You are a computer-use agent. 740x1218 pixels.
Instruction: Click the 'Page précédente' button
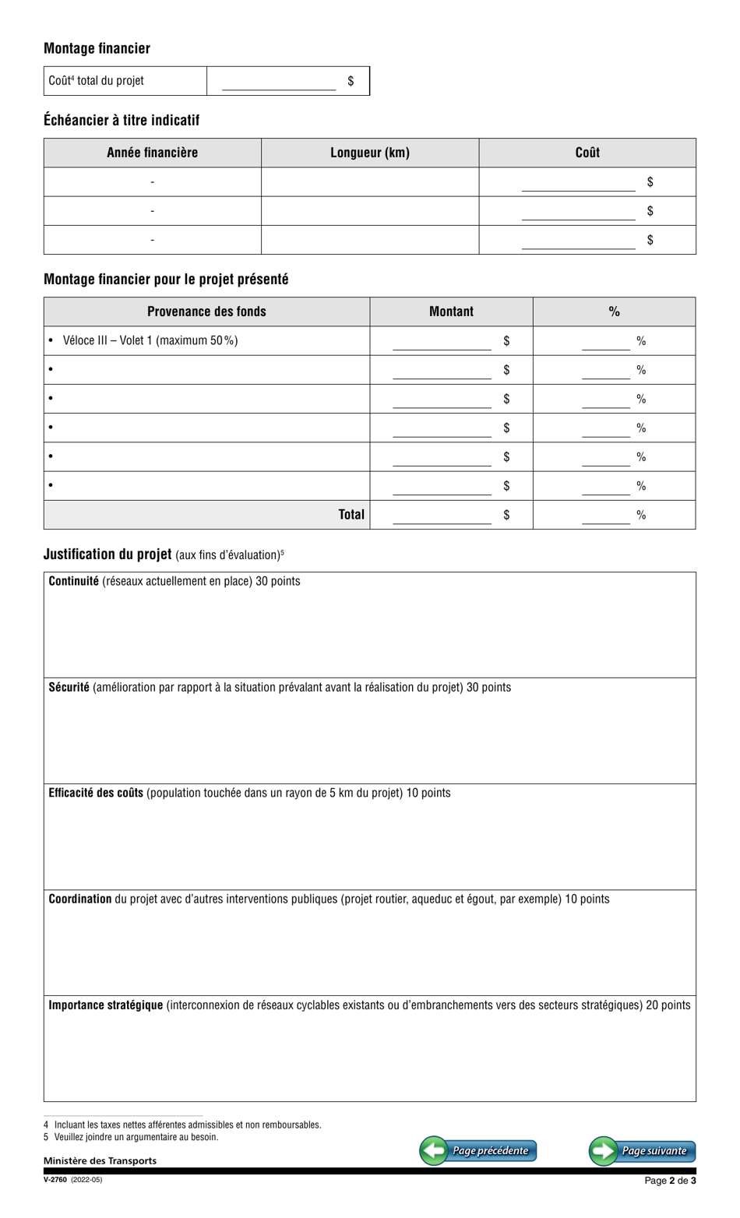point(478,1150)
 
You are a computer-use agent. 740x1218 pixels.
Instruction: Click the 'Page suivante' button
point(642,1150)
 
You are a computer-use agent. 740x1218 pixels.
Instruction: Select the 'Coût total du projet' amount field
point(279,82)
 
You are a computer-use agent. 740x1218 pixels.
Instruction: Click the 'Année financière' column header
point(153,153)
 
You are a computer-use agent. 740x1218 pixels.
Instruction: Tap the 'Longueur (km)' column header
point(370,153)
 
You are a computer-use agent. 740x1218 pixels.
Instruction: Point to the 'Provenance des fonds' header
point(206,312)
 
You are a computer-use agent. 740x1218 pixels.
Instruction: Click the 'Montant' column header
point(451,312)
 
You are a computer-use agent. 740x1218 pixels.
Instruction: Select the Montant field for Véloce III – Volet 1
point(442,341)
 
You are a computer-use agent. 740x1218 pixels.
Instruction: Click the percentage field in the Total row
point(605,515)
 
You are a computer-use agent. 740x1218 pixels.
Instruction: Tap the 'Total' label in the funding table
point(351,514)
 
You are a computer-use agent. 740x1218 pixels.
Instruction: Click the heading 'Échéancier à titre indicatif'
point(122,120)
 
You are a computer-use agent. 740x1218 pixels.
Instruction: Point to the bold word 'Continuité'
point(74,581)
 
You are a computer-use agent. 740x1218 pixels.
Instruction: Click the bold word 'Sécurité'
point(69,687)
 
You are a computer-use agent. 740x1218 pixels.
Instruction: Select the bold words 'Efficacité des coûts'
point(96,793)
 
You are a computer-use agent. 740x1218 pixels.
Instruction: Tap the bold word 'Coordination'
point(80,899)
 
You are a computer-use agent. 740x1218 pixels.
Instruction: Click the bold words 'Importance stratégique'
point(106,1005)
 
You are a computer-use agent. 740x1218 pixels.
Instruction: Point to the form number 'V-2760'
point(55,1180)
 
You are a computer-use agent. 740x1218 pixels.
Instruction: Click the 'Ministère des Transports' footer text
point(100,1160)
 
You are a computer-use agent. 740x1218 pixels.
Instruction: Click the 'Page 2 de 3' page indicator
point(670,1181)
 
